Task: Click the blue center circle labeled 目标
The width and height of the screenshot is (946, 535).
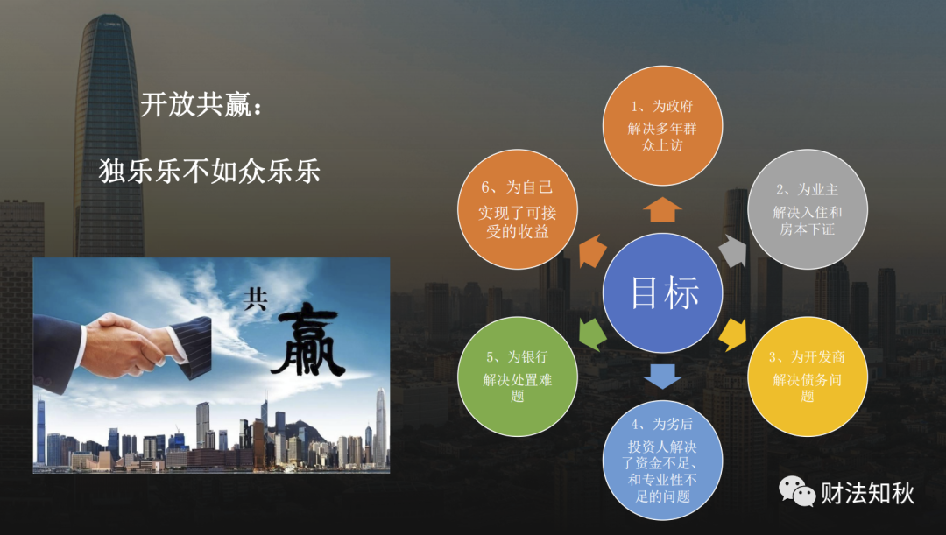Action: (662, 292)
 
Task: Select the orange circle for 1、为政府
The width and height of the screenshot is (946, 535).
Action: (662, 125)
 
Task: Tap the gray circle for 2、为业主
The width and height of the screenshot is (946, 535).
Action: (808, 209)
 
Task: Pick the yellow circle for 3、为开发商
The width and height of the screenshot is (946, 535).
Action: (808, 377)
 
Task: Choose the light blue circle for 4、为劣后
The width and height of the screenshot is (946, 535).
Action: (662, 460)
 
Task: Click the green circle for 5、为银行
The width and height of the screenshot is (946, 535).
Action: (518, 377)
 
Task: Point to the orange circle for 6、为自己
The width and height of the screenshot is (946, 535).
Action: (518, 209)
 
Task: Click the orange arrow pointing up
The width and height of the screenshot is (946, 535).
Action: (662, 209)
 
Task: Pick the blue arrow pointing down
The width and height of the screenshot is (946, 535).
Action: (662, 376)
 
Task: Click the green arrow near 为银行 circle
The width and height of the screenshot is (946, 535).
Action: (591, 334)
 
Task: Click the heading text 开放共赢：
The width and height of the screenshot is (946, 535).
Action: (202, 105)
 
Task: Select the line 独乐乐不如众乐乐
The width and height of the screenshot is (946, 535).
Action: (209, 171)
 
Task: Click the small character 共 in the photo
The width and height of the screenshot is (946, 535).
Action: (255, 299)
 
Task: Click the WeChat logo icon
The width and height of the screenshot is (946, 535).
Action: (796, 491)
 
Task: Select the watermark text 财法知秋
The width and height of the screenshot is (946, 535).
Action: (867, 493)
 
